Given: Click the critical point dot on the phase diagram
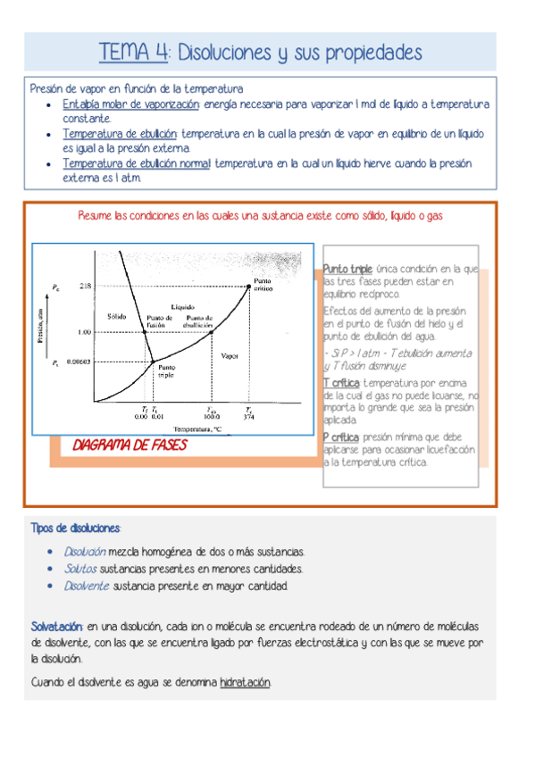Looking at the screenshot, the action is pyautogui.click(x=249, y=285).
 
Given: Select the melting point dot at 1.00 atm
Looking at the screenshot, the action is pyautogui.click(x=145, y=332).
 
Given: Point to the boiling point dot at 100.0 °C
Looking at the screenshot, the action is pyautogui.click(x=211, y=332).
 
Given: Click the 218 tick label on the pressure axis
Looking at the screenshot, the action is pyautogui.click(x=86, y=286).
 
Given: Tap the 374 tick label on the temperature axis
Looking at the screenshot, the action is pyautogui.click(x=249, y=416).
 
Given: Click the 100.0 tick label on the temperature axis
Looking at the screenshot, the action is pyautogui.click(x=211, y=416).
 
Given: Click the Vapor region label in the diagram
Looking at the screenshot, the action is pyautogui.click(x=230, y=355).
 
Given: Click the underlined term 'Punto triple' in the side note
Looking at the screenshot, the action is pyautogui.click(x=348, y=269).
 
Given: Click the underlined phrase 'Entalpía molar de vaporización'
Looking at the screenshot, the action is pyautogui.click(x=131, y=104).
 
